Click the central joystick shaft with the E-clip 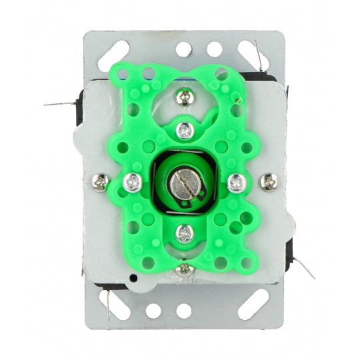point(185,182)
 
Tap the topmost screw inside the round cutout point(184,97)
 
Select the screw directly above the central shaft point(186,130)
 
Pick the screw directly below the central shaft point(185,233)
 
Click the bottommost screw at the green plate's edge point(185,269)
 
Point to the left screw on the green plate point(134,181)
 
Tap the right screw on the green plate point(237,181)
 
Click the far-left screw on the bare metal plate point(101,180)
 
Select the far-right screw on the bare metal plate point(269,181)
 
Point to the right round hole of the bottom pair point(184,311)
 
